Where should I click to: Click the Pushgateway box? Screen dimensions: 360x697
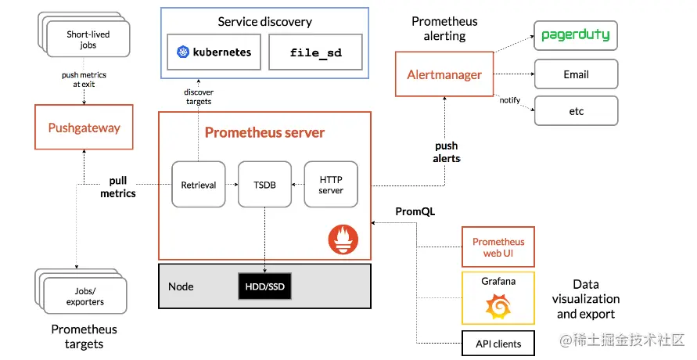[84, 127]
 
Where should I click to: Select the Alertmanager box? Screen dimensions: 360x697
[444, 74]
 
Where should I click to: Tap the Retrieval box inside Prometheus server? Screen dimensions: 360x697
[198, 184]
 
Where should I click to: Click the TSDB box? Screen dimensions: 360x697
[264, 184]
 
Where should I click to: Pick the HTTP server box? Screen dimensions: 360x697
[330, 184]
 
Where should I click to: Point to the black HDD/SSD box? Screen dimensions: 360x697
[264, 287]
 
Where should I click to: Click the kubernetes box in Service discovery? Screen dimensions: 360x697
[214, 52]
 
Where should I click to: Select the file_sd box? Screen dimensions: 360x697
[315, 52]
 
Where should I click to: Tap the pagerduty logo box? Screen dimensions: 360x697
[576, 36]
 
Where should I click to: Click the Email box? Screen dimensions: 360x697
[576, 74]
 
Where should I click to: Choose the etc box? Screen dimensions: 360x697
[576, 111]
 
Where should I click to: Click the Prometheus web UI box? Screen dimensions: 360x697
[498, 247]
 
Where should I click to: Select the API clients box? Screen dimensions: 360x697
[498, 344]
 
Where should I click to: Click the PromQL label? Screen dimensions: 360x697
[415, 211]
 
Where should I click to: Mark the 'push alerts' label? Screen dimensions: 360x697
[447, 152]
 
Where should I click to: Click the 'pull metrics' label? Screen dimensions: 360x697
[118, 187]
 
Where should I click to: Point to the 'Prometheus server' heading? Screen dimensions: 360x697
[264, 132]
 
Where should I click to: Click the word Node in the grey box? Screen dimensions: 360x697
[181, 287]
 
